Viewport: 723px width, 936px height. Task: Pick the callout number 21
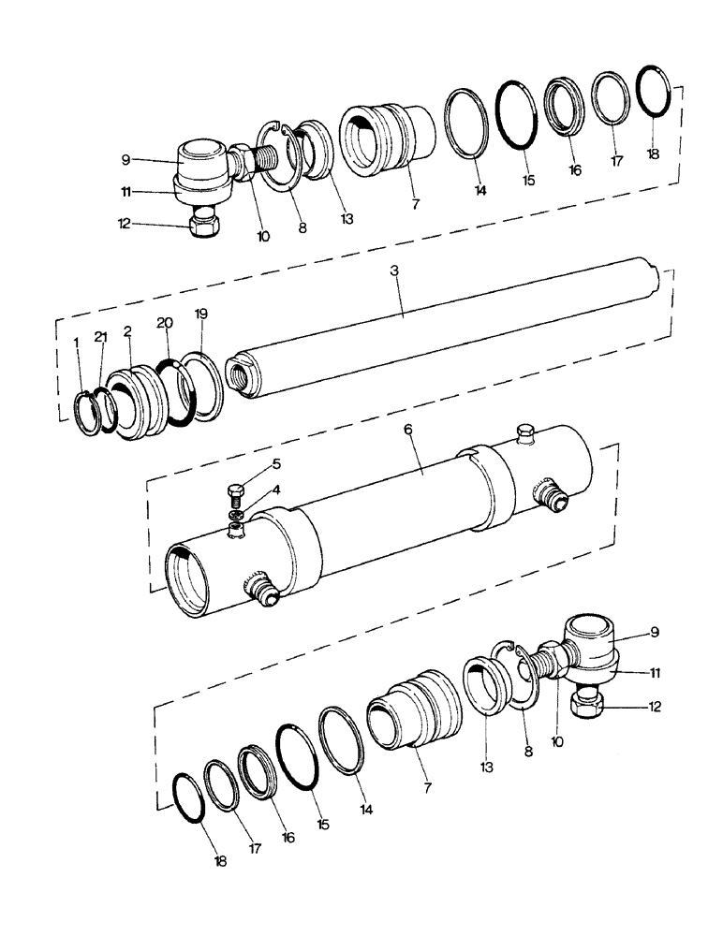pyautogui.click(x=101, y=336)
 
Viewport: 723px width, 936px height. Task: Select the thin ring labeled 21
pyautogui.click(x=107, y=409)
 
